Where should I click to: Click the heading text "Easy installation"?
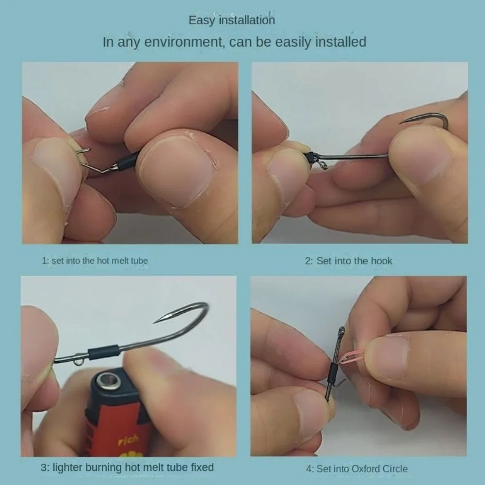click(231, 20)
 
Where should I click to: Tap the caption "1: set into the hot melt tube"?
click(95, 261)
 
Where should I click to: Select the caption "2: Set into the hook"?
click(348, 261)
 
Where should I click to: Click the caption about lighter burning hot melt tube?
click(127, 468)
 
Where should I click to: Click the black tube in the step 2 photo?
click(311, 157)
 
